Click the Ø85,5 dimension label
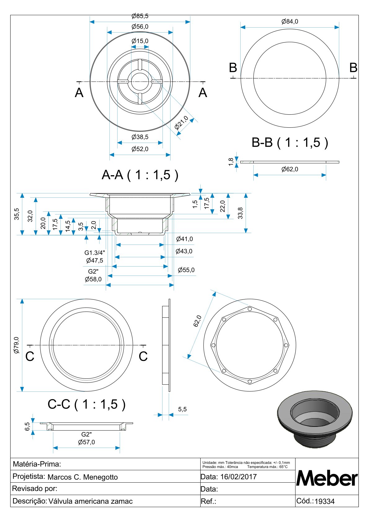140,16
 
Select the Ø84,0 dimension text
290,21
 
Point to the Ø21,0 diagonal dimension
181,122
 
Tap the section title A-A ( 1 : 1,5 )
140,175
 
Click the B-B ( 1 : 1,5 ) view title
290,142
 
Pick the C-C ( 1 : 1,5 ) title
87,404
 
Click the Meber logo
327,478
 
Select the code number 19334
325,501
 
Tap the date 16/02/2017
238,477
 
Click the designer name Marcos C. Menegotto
82,477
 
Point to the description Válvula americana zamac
91,501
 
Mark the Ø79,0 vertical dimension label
16,345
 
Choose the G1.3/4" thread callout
95,253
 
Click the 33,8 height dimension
240,213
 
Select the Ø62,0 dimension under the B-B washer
290,169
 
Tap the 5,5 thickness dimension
182,409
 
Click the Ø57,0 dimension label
87,442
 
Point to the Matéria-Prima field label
37,464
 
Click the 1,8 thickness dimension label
231,162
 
